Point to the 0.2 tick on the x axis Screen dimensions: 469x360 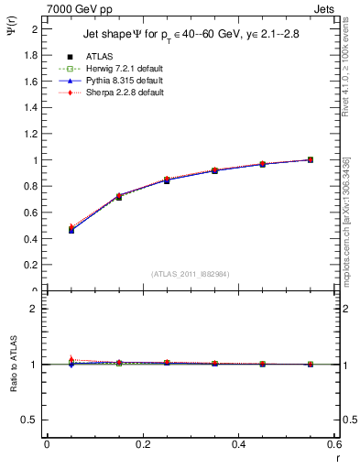pyautogui.click(x=142, y=444)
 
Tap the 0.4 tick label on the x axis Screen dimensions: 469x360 pyautogui.click(x=238, y=444)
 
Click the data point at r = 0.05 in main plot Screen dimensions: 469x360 pyautogui.click(x=71, y=230)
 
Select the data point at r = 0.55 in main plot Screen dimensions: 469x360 pyautogui.click(x=310, y=159)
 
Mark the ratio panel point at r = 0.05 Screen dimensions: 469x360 pyautogui.click(x=71, y=364)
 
